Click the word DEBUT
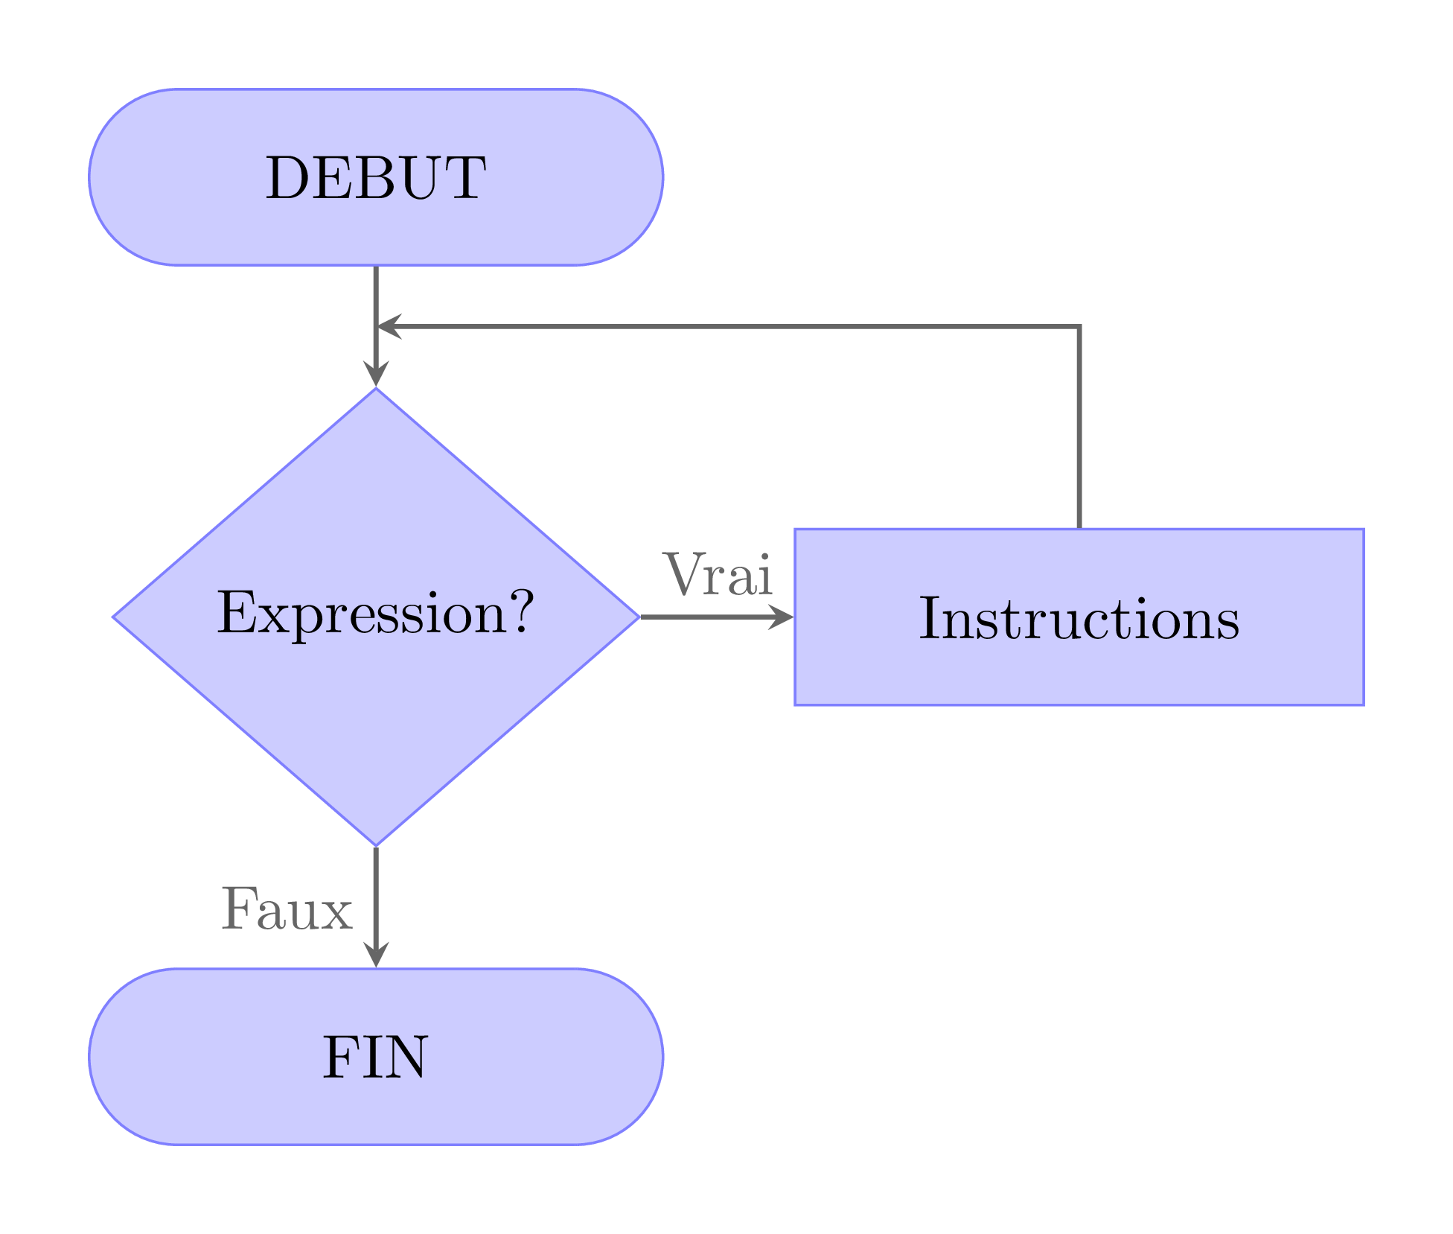pyautogui.click(x=375, y=179)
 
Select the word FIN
pyautogui.click(x=375, y=1058)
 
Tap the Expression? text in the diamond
pyautogui.click(x=375, y=614)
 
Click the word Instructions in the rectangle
pyautogui.click(x=1079, y=618)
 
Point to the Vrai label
pyautogui.click(x=718, y=575)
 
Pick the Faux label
pyautogui.click(x=287, y=910)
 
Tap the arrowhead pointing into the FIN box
pyautogui.click(x=376, y=956)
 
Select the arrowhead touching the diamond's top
pyautogui.click(x=376, y=375)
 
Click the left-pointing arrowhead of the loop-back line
pyautogui.click(x=389, y=326)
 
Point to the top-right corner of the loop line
pyautogui.click(x=1079, y=326)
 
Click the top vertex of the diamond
pyautogui.click(x=376, y=389)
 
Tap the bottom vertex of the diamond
pyautogui.click(x=376, y=845)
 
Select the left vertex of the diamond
pyautogui.click(x=114, y=617)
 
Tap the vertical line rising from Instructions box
pyautogui.click(x=1079, y=432)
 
